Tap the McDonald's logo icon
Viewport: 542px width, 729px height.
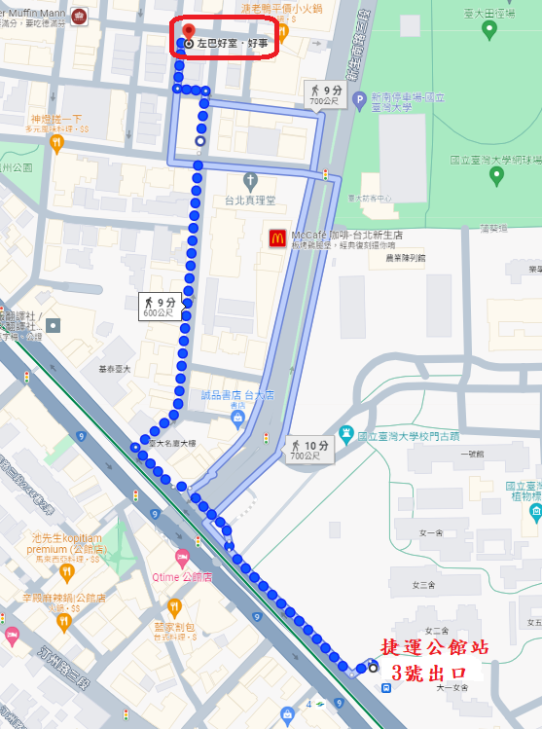click(276, 237)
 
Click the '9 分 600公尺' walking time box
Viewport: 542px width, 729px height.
click(157, 306)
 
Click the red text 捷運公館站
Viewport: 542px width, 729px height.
click(434, 647)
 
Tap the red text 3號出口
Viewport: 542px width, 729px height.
click(429, 673)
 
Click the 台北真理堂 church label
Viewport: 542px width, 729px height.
click(250, 200)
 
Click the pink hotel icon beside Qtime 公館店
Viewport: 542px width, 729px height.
click(181, 556)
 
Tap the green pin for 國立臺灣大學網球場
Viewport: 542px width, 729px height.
click(497, 176)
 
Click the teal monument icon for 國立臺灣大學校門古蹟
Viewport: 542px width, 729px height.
click(345, 433)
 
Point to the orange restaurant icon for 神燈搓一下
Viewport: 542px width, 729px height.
click(56, 143)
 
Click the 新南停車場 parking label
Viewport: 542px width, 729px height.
click(410, 97)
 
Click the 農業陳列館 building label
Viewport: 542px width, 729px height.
click(405, 258)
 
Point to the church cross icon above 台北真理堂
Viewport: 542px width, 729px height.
click(250, 181)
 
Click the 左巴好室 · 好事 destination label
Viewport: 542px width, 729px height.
click(232, 44)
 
